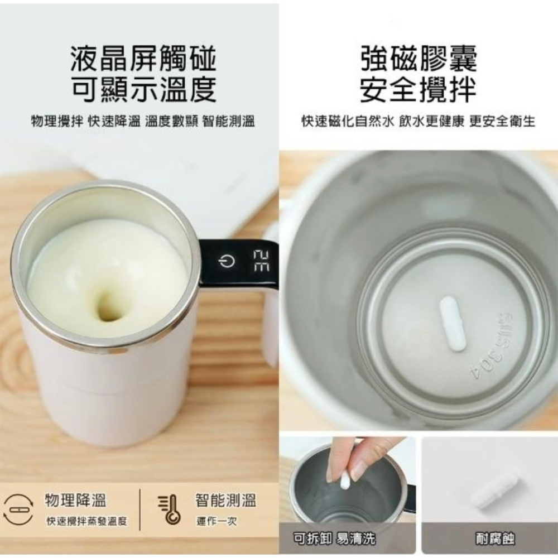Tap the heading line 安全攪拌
[x=419, y=90]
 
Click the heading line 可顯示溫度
[x=143, y=90]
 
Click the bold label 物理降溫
[x=75, y=501]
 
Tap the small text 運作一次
[x=217, y=522]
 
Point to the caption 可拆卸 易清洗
[x=334, y=538]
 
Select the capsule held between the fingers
[x=345, y=480]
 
